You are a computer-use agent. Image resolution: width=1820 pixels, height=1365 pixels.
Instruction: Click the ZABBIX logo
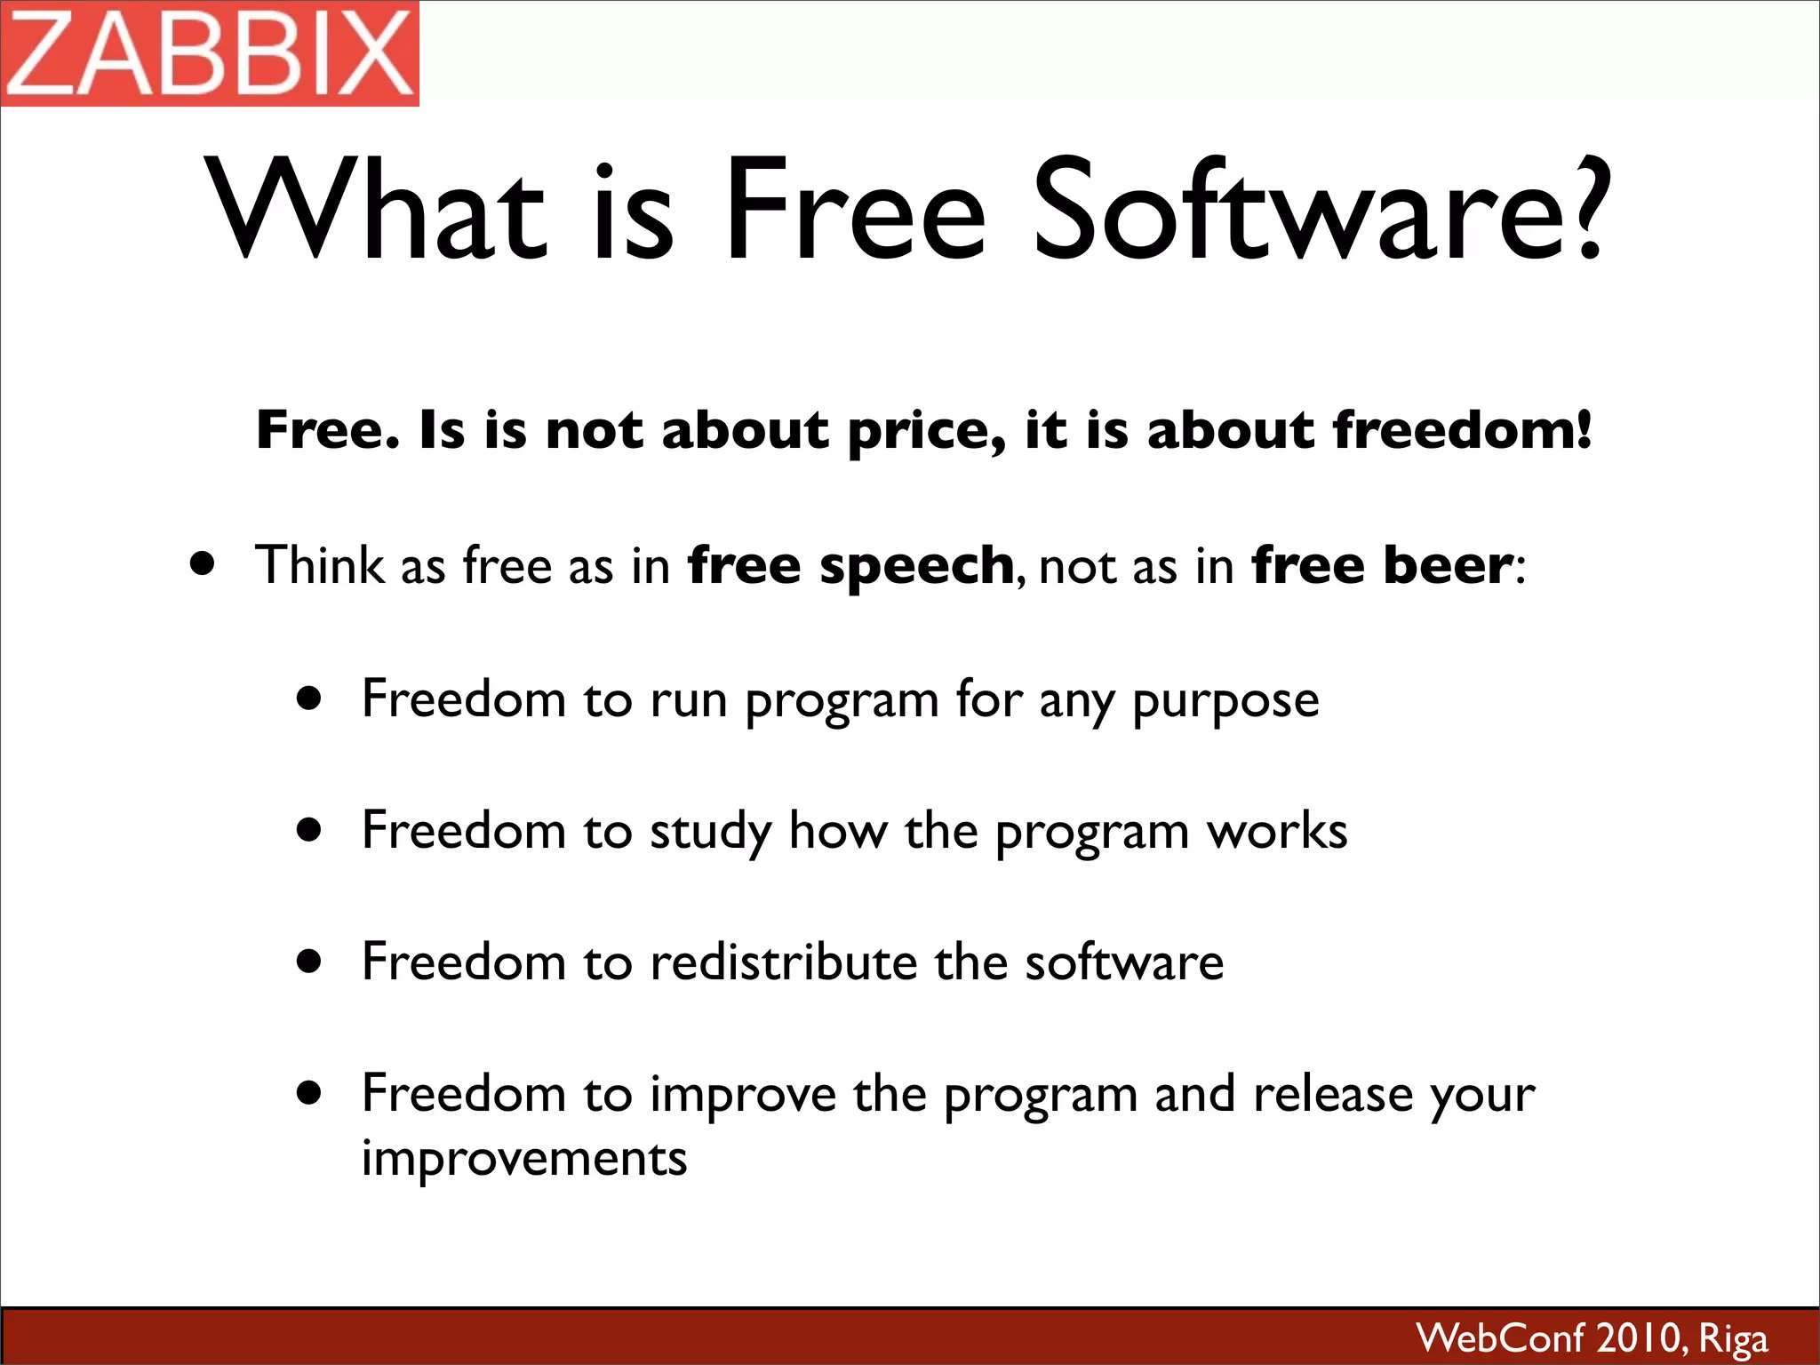coord(210,53)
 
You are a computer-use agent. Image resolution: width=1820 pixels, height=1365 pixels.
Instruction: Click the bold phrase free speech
coord(850,566)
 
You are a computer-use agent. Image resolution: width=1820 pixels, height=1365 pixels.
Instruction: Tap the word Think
coord(319,565)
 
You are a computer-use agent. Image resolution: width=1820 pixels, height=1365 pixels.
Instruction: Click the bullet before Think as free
coord(204,564)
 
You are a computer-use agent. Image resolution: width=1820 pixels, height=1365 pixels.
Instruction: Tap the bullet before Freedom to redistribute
coord(309,961)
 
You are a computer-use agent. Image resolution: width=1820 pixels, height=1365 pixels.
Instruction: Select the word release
coord(1332,1094)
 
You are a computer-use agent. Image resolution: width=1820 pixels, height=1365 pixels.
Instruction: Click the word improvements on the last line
coord(524,1159)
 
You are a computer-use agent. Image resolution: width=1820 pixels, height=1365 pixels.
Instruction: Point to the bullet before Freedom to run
coord(309,698)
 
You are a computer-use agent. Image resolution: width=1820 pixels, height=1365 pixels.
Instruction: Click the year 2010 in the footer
coord(1638,1337)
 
